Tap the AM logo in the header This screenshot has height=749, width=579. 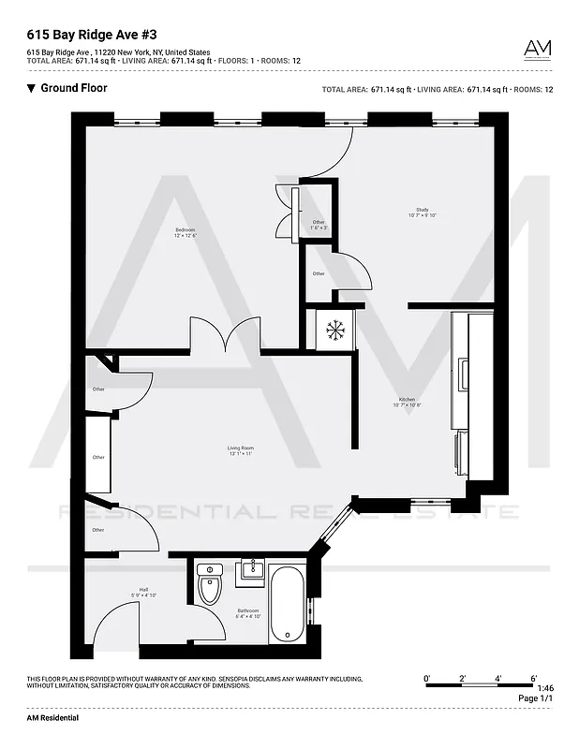[x=537, y=49]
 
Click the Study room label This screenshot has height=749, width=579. [x=423, y=213]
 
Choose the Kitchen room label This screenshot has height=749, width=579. [x=407, y=403]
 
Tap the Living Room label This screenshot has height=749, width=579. [x=241, y=451]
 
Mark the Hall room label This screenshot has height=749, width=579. [x=131, y=592]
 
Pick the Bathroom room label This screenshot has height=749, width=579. [x=247, y=613]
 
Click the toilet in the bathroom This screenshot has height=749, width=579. [x=210, y=587]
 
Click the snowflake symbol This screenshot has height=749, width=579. [x=334, y=330]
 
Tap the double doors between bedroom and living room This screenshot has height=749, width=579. [x=225, y=335]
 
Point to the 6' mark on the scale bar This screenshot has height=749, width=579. [x=533, y=677]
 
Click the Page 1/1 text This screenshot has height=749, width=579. [x=535, y=698]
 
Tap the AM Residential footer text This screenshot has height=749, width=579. [x=52, y=717]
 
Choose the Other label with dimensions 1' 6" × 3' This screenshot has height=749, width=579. [x=319, y=225]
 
